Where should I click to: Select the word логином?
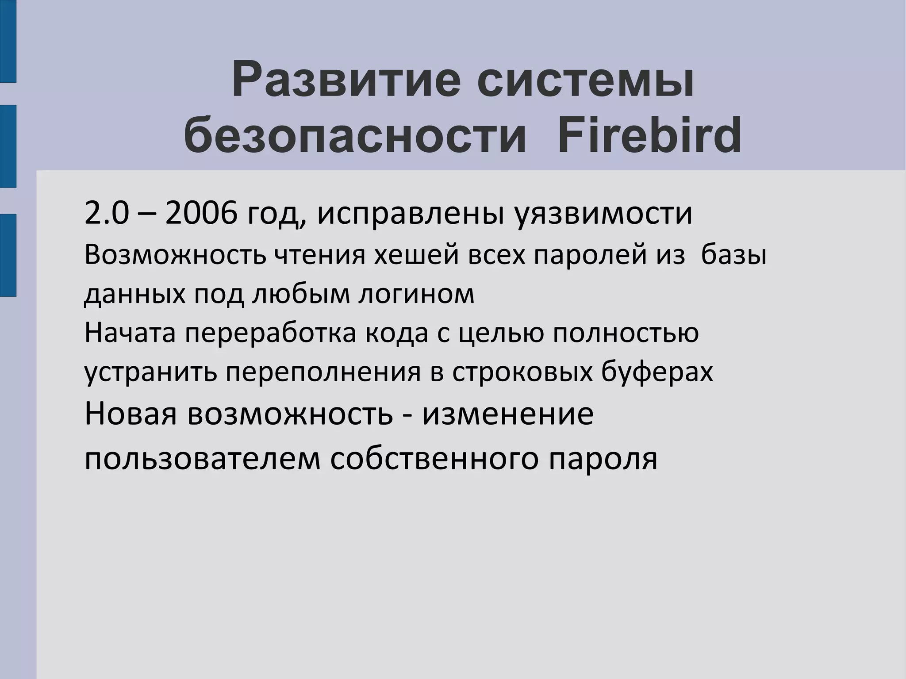pos(416,294)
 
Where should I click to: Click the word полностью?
pos(626,333)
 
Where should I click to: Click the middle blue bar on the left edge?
pos(8,146)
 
